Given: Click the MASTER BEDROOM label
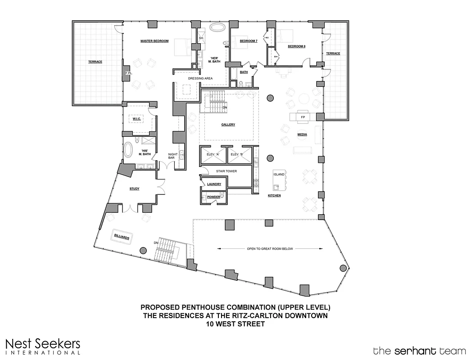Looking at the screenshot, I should coord(154,41).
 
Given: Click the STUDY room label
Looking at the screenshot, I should coord(134,189).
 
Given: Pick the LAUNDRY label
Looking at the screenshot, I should coord(213,184).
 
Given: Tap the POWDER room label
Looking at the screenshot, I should coord(214,197).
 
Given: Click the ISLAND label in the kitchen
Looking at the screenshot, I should coord(279,174).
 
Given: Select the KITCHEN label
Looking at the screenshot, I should coord(274,196).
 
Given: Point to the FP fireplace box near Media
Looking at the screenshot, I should coord(303,117).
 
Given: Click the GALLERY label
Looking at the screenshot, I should coord(228,125).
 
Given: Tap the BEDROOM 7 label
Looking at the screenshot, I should coord(249,41).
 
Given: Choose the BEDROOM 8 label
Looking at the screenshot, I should coord(297,46).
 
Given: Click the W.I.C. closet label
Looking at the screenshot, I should coord(137,119).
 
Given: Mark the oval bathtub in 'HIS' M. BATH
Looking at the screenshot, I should coord(128,149).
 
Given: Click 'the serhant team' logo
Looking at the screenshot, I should coord(419,350).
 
